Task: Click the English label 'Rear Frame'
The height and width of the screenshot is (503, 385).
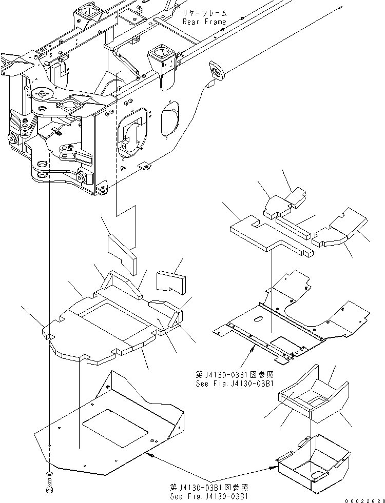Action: point(204,22)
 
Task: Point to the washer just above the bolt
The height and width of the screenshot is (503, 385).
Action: point(49,472)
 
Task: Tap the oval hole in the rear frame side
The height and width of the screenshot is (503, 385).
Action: point(171,118)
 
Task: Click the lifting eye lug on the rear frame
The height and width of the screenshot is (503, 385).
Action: point(216,70)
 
